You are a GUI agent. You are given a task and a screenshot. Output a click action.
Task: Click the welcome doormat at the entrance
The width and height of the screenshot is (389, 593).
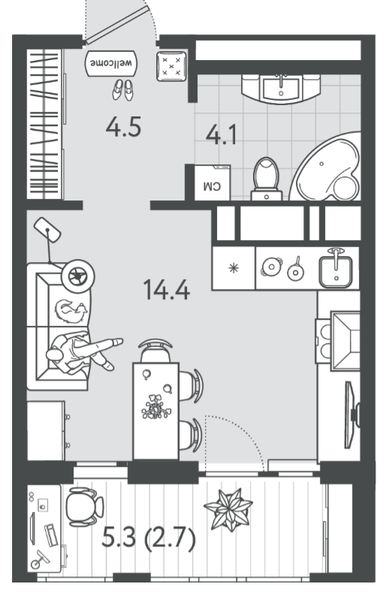pos(111,63)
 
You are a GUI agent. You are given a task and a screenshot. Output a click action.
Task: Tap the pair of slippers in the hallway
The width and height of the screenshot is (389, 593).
pos(123,89)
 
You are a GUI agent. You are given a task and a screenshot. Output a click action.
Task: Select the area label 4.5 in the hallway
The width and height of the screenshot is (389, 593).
pos(123,127)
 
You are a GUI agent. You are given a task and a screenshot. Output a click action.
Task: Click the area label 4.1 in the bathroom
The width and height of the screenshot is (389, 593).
pos(222,134)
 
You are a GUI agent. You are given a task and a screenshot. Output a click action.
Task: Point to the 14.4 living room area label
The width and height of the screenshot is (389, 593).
pos(167,289)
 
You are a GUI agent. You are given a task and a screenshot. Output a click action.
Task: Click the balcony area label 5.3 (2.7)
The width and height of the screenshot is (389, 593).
pos(149,537)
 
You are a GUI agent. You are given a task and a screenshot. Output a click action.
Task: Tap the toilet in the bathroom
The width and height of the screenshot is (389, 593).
pos(267,179)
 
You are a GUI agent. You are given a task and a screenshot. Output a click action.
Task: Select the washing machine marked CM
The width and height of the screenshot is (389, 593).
pos(212,182)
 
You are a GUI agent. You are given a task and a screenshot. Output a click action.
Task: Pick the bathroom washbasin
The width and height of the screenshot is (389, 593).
pos(281,88)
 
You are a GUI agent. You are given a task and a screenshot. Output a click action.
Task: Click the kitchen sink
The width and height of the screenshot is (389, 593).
pos(336,270)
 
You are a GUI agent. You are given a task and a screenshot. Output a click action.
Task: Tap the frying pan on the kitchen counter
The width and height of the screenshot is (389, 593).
pos(296,269)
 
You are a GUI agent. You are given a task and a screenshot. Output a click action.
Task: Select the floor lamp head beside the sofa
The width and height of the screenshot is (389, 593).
pos(47,230)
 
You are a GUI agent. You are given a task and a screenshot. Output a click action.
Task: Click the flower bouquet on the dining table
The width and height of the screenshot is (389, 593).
pos(156,407)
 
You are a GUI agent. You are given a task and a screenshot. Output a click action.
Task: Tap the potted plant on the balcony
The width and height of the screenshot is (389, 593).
pos(228,509)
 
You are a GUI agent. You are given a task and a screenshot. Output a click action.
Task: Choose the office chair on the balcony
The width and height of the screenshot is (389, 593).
pos(84,507)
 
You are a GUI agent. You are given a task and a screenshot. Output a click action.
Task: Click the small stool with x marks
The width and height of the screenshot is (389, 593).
pos(172,66)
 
